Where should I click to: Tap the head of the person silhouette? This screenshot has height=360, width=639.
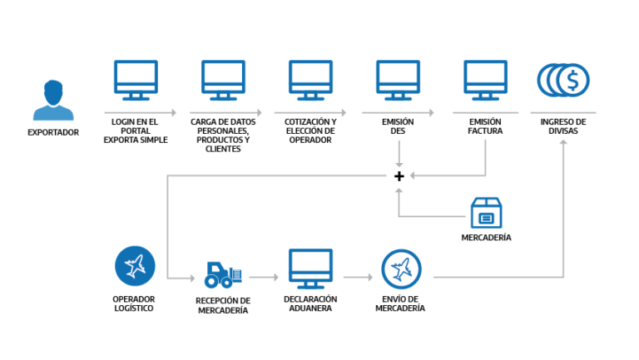click(53, 89)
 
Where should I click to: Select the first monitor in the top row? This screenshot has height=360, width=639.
click(136, 79)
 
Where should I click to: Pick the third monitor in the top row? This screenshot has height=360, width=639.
click(310, 79)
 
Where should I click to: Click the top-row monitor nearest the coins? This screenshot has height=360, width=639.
click(485, 79)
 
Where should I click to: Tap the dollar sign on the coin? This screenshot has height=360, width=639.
click(572, 81)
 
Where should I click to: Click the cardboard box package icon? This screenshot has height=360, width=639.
click(486, 213)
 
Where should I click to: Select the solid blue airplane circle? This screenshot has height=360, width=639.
click(135, 266)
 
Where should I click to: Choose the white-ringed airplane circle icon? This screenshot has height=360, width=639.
click(401, 269)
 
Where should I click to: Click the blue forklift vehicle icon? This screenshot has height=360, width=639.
click(222, 275)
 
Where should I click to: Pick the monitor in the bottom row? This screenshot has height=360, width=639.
click(310, 267)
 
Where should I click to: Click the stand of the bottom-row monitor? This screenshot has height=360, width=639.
click(310, 285)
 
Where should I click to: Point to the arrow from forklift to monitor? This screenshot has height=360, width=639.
click(264, 278)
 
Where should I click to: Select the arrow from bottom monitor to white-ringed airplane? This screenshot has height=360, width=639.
click(358, 278)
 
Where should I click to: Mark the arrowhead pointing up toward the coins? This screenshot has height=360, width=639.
click(563, 143)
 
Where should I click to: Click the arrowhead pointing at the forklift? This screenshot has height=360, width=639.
click(191, 279)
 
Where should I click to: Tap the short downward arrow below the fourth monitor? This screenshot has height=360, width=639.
click(399, 154)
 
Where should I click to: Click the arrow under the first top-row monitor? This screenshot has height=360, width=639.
click(140, 113)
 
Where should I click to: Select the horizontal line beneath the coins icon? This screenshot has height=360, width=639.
click(562, 112)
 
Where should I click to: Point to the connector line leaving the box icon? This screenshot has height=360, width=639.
click(433, 216)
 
